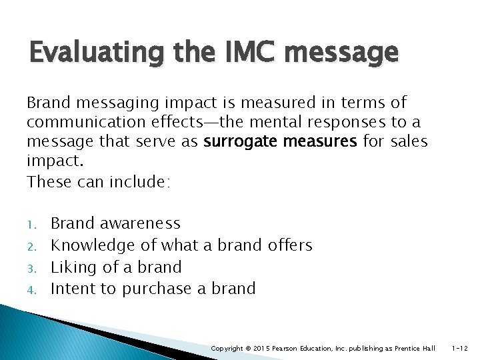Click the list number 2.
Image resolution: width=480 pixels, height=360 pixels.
[31, 246]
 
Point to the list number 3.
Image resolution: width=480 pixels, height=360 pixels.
[31, 267]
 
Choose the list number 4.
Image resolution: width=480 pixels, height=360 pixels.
[31, 289]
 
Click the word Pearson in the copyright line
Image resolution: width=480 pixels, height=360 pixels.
[285, 349]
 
